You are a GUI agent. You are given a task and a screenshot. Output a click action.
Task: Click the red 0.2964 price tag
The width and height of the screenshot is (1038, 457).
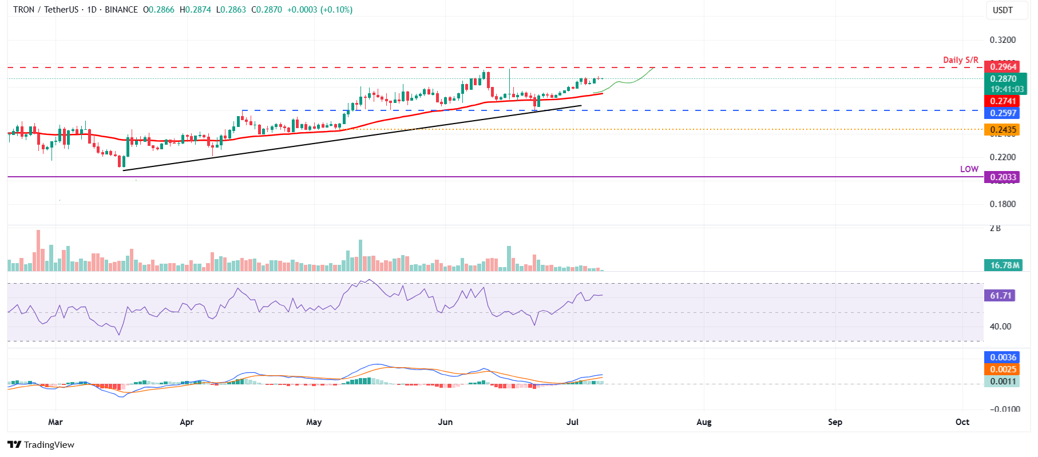(1003, 67)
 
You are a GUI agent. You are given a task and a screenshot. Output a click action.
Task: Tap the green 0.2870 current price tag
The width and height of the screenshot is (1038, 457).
(1003, 79)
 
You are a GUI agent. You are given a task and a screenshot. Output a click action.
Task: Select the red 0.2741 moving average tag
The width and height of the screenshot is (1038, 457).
(1003, 101)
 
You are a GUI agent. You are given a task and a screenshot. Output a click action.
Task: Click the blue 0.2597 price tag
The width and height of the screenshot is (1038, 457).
(1003, 113)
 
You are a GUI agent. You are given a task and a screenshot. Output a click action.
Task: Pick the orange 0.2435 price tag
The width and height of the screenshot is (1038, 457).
(1003, 130)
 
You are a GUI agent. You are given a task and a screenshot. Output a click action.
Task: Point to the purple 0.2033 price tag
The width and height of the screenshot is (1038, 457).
(1003, 177)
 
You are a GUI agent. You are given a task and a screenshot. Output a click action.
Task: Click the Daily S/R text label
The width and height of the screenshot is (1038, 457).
(960, 59)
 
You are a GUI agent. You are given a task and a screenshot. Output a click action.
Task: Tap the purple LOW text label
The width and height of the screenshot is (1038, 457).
(969, 169)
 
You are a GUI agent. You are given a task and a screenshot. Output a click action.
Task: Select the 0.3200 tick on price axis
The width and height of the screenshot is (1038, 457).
(1003, 40)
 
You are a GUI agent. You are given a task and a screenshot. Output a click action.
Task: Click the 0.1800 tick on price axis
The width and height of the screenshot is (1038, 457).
(1003, 204)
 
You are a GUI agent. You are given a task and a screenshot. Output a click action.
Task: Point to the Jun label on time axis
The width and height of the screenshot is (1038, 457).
(445, 422)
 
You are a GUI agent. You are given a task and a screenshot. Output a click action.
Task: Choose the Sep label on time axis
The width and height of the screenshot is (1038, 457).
(835, 422)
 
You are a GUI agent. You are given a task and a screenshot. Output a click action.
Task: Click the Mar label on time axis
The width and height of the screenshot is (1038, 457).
(56, 422)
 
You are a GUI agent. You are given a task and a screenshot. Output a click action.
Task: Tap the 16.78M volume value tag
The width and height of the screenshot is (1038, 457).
(1004, 265)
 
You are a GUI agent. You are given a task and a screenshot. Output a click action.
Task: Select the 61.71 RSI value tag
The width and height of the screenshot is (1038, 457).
(1001, 296)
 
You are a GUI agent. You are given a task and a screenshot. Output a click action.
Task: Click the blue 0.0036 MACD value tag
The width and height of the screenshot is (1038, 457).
(1003, 357)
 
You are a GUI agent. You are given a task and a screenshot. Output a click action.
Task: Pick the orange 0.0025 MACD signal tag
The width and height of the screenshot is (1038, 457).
(1003, 369)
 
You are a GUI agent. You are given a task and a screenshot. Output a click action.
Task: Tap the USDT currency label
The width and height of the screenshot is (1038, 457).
(1003, 10)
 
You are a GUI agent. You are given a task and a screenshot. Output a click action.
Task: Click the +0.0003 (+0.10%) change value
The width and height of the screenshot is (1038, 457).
(319, 10)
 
